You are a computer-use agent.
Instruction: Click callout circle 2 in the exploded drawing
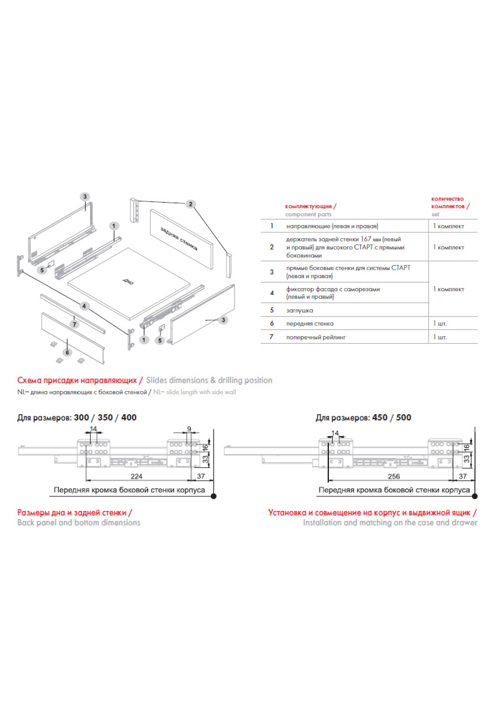pos(190,204)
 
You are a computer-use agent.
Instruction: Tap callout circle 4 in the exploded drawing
pos(84,306)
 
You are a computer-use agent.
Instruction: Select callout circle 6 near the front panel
pos(67,353)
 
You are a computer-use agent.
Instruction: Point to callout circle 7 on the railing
pos(75,324)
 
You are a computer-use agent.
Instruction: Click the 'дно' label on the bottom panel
pos(128,281)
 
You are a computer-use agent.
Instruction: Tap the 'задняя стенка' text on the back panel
pos(179,239)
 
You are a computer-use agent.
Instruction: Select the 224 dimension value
pos(136,476)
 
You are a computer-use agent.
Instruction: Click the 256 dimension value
pos(394,476)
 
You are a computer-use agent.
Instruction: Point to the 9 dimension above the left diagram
pos(189,429)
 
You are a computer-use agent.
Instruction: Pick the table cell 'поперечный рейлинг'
pos(316,337)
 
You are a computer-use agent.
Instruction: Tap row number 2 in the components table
pos(272,247)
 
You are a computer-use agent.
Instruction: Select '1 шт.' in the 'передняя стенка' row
pos(440,324)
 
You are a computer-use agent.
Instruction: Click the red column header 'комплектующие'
pos(309,207)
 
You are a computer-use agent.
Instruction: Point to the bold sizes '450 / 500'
pos(391,418)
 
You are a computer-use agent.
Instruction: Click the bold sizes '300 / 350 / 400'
pos(105,418)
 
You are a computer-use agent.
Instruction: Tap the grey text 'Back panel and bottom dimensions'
pos(79,523)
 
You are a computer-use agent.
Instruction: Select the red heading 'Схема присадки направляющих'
pos(77,381)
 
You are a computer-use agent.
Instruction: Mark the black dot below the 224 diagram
pos(214,496)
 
